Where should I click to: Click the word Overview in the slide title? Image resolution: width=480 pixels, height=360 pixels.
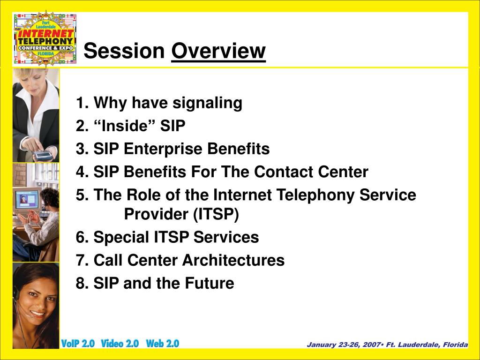(218, 51)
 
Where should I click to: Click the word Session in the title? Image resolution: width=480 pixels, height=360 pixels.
(124, 51)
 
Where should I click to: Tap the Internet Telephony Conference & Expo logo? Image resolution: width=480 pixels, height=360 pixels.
(45, 38)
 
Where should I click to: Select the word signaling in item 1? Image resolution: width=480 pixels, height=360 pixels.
(207, 103)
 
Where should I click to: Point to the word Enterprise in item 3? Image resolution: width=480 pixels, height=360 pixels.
(163, 149)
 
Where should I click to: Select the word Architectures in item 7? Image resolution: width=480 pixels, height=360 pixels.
(233, 260)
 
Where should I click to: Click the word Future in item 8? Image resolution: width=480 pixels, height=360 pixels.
(210, 283)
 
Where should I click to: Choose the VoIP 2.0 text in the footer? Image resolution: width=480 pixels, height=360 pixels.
(78, 344)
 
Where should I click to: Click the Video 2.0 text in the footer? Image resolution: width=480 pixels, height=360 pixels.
(120, 344)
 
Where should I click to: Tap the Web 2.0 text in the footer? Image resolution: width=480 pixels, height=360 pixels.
(163, 344)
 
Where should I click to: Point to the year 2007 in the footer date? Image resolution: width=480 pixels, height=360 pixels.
(372, 345)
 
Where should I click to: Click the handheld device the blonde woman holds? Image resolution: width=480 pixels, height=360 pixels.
(43, 155)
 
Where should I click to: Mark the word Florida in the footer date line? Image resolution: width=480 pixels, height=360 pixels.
(455, 345)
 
